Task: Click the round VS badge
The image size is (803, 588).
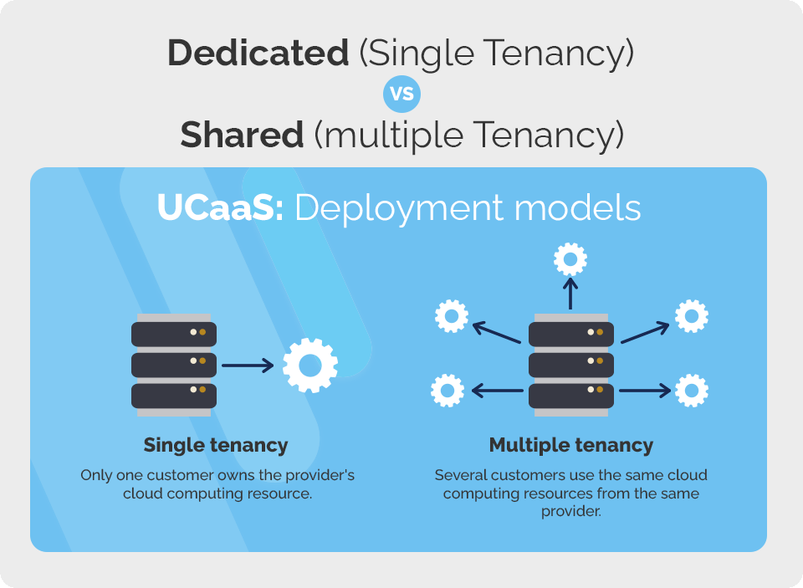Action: point(401,94)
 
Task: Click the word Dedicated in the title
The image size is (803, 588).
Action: point(258,54)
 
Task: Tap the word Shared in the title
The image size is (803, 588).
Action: point(242,135)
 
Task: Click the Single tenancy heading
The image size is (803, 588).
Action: point(216,445)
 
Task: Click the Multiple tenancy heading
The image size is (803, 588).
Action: point(571,445)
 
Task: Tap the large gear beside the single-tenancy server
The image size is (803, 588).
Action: point(310,366)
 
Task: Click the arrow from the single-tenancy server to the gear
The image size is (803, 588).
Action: point(248,366)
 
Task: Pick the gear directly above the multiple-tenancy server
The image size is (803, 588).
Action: point(570,259)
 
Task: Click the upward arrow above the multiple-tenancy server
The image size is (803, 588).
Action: point(570,294)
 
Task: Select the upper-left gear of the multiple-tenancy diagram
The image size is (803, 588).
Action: point(452,316)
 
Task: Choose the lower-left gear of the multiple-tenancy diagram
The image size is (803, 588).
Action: point(448,390)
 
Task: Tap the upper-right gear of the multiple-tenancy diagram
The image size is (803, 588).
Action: point(692,316)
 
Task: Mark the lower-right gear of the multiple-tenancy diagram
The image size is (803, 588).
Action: point(692,390)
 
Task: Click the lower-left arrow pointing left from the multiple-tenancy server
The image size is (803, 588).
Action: point(498,390)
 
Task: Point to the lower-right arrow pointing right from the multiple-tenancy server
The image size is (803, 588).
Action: point(645,390)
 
